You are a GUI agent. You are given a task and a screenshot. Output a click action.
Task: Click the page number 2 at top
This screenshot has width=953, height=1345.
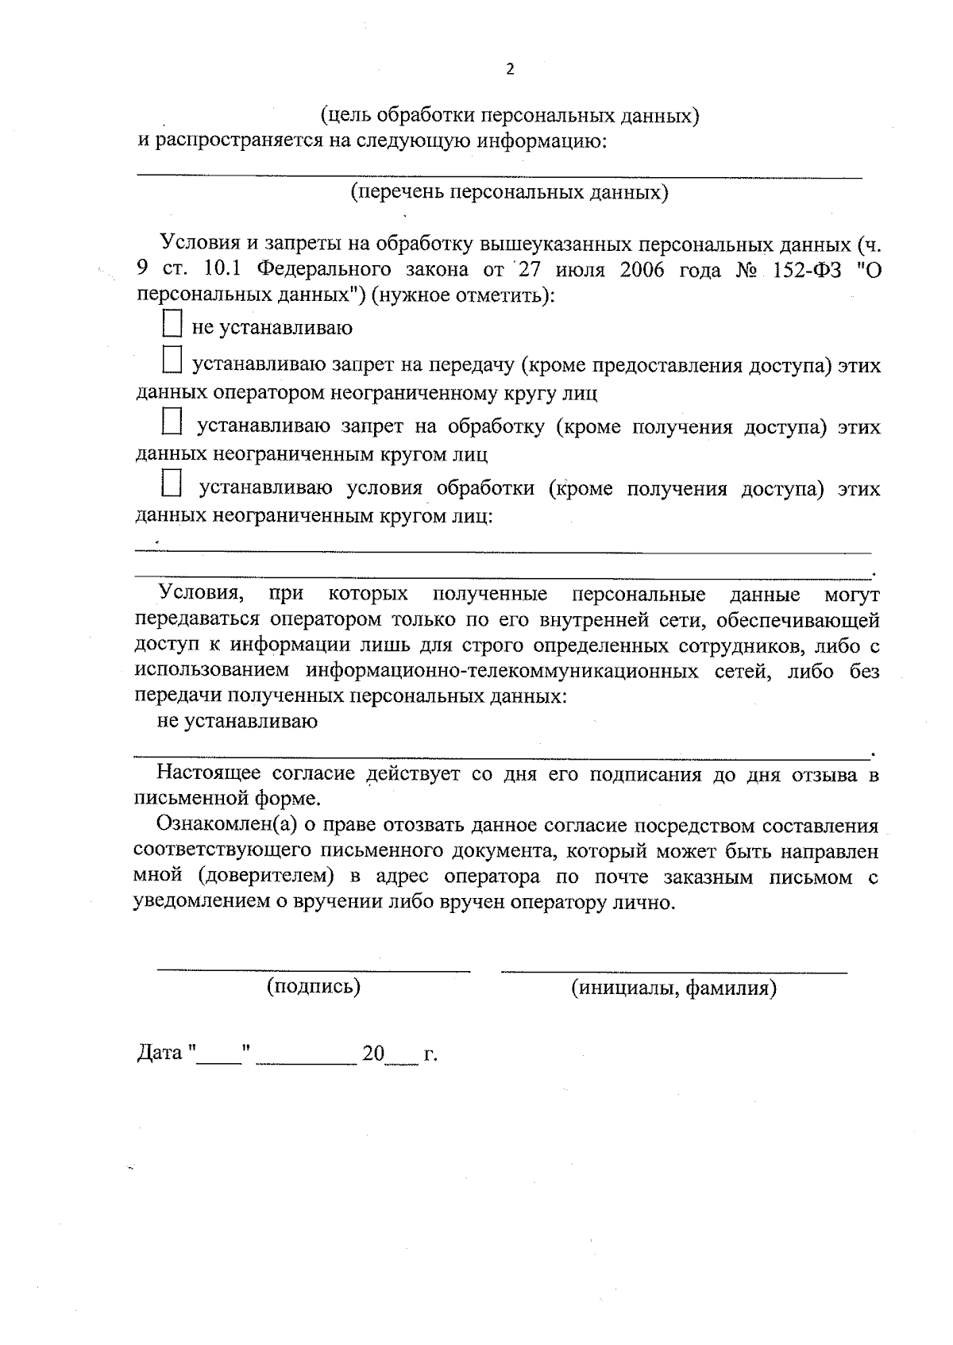510,70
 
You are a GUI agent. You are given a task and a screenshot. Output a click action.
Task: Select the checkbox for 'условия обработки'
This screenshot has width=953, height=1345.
172,482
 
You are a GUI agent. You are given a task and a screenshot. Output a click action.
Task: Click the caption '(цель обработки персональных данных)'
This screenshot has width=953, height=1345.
509,116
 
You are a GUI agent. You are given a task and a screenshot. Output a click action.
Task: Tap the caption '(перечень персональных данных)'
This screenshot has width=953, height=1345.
509,192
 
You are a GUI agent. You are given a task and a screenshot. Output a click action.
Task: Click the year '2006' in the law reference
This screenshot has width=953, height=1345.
642,269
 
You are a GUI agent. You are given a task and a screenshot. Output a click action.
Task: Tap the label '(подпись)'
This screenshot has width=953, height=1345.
314,987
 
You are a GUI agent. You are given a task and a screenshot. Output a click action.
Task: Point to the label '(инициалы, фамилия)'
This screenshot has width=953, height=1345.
673,989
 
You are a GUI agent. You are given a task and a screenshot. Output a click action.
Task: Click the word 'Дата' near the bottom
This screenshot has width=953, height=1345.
160,1054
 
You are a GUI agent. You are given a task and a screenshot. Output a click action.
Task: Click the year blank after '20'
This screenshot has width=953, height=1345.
402,1058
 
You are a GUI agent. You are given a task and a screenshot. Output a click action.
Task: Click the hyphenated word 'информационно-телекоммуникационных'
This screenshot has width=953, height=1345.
504,672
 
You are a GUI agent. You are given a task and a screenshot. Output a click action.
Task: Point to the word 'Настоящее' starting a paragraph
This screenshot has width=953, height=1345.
209,774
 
